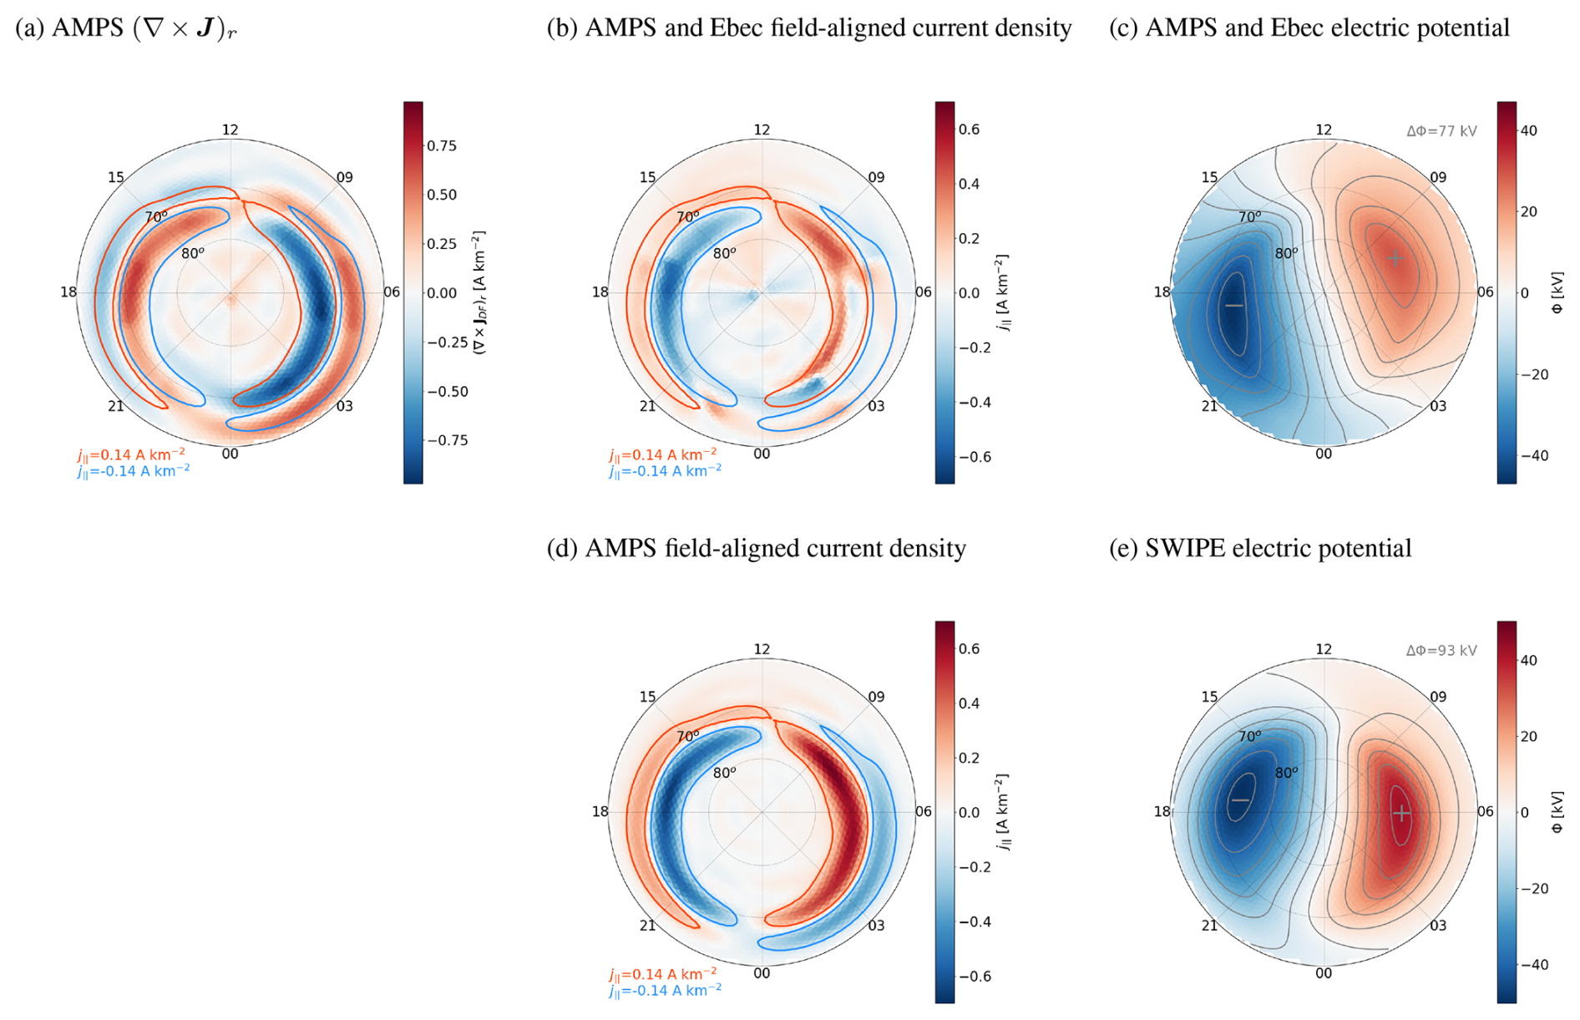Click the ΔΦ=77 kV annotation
[x=1441, y=131]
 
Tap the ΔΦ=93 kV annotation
[x=1441, y=651]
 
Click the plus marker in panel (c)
[x=1395, y=258]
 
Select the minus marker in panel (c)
[x=1234, y=306]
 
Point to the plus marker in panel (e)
[x=1401, y=813]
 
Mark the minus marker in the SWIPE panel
[x=1241, y=800]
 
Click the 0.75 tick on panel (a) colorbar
[x=442, y=146]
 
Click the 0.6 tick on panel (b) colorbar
[x=969, y=129]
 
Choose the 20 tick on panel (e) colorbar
[x=1529, y=736]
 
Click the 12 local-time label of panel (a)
[x=230, y=129]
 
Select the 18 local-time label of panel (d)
[x=600, y=811]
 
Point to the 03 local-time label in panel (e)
[x=1438, y=926]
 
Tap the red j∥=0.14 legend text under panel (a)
[x=131, y=454]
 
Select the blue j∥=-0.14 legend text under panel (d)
[x=665, y=991]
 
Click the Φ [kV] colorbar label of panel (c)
[x=1557, y=292]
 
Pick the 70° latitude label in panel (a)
[x=156, y=217]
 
